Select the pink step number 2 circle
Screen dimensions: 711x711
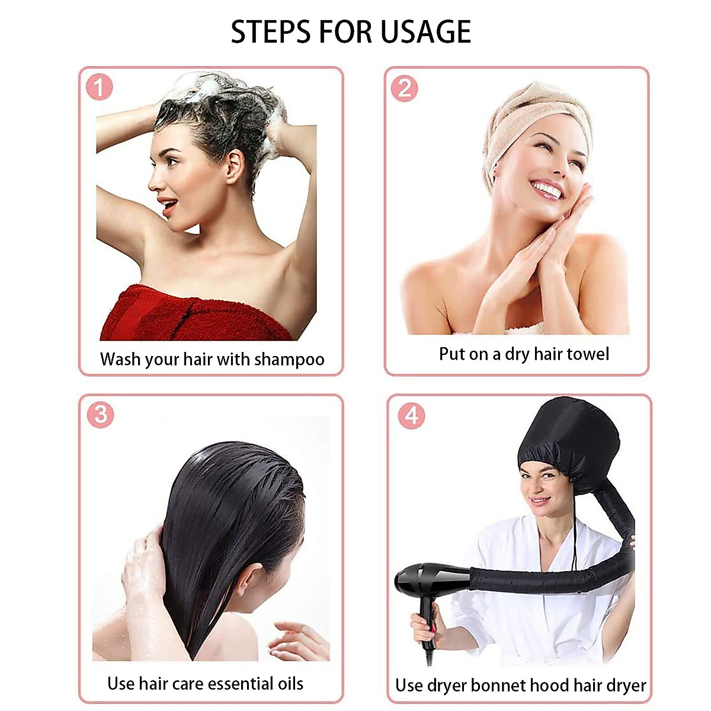pos(405,88)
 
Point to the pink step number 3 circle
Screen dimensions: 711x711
pos(100,414)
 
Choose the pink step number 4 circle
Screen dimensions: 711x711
pos(411,415)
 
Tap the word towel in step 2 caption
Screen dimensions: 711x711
pos(588,354)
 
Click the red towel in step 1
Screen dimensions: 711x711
pos(178,314)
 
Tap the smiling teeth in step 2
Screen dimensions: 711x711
pos(547,190)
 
